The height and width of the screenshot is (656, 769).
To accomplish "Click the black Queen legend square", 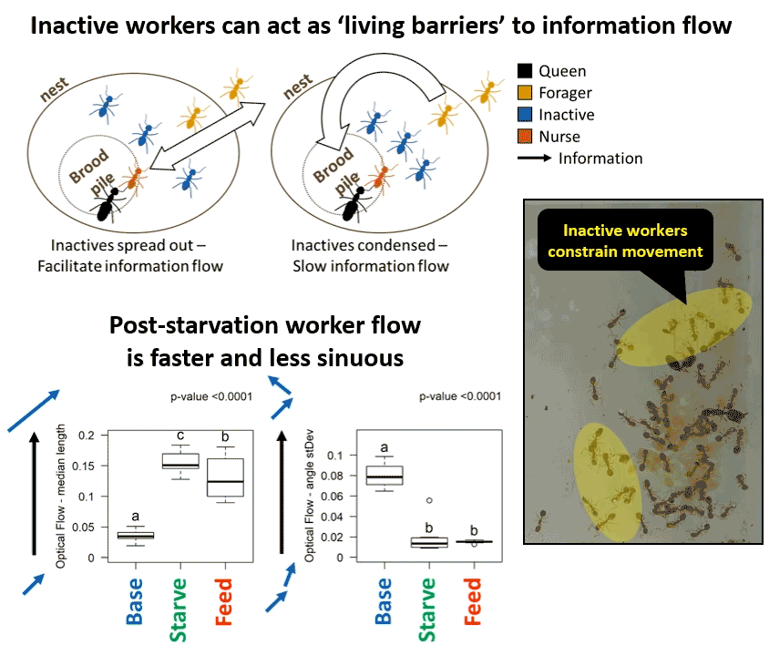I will pyautogui.click(x=524, y=71).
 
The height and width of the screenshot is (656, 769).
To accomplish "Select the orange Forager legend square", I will pyautogui.click(x=524, y=93).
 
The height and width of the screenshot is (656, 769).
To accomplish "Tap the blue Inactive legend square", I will pyautogui.click(x=524, y=115).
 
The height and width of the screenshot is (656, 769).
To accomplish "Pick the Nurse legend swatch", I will pyautogui.click(x=524, y=137).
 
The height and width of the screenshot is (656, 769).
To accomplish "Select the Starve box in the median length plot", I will pyautogui.click(x=179, y=460).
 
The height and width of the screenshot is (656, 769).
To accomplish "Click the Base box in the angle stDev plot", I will pyautogui.click(x=384, y=476).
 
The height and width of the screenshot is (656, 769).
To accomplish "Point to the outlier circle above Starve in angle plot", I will pyautogui.click(x=428, y=500).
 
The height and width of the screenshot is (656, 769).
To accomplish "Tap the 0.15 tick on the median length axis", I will pyautogui.click(x=88, y=466).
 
